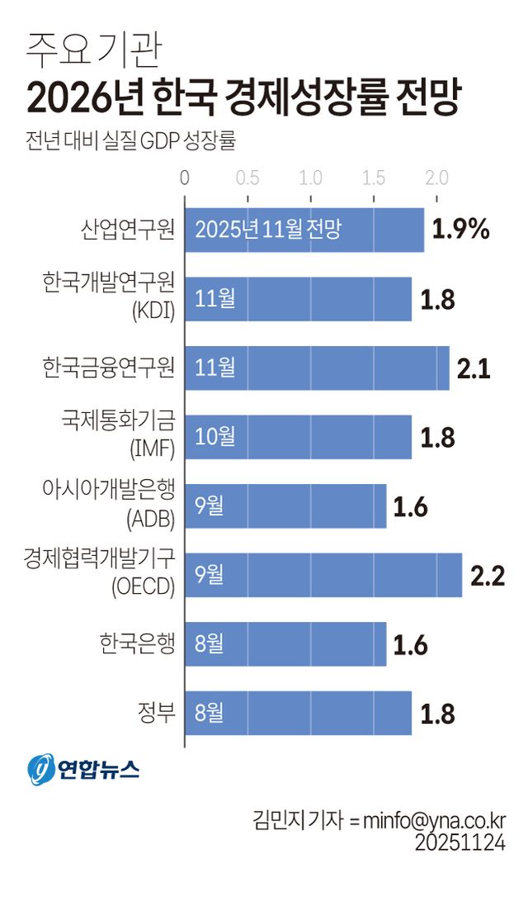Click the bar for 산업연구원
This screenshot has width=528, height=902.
pyautogui.click(x=304, y=229)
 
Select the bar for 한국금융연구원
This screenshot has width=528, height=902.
pyautogui.click(x=317, y=367)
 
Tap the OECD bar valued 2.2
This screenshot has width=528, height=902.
pyautogui.click(x=323, y=575)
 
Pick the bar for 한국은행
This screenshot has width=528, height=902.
pyautogui.click(x=285, y=643)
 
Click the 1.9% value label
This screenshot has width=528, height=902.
pyautogui.click(x=461, y=230)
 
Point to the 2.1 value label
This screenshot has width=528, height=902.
pyautogui.click(x=474, y=368)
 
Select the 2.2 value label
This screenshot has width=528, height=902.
pyautogui.click(x=487, y=575)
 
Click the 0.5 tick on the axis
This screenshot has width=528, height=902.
pyautogui.click(x=247, y=178)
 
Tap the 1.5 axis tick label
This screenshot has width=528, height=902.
pyautogui.click(x=374, y=178)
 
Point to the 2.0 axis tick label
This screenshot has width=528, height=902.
pyautogui.click(x=436, y=178)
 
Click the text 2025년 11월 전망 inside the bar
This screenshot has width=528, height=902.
pyautogui.click(x=268, y=230)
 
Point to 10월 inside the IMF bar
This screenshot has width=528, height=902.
pyautogui.click(x=215, y=436)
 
